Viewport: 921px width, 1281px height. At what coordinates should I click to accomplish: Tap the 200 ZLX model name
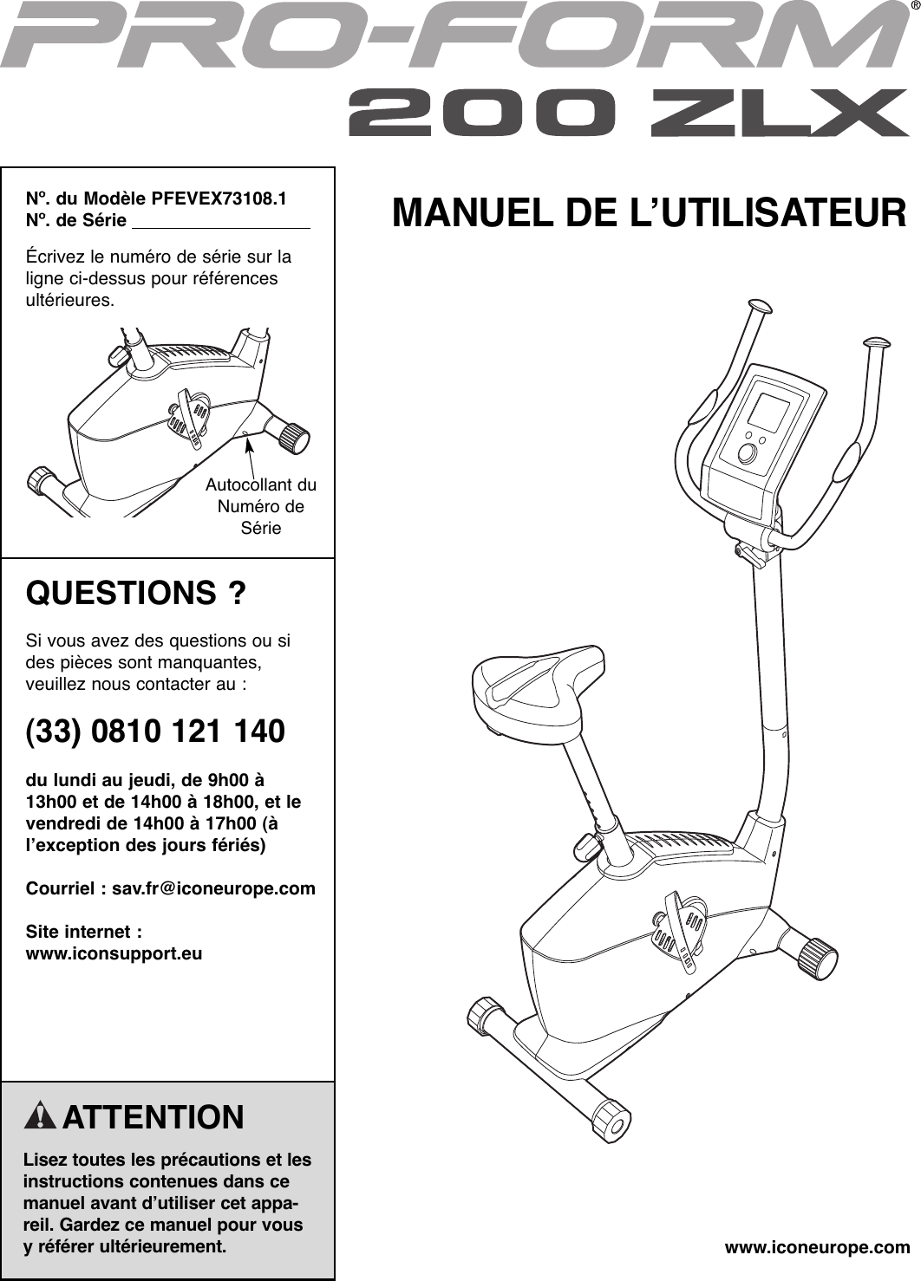(x=628, y=114)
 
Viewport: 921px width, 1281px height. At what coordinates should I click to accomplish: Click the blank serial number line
(x=219, y=222)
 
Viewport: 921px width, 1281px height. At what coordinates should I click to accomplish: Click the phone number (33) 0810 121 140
(x=155, y=731)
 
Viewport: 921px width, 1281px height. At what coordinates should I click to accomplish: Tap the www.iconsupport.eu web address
(x=114, y=953)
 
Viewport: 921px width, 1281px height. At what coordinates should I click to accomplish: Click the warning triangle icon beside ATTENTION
(x=40, y=1116)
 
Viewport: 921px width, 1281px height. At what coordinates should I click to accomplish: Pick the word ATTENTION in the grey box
(x=153, y=1117)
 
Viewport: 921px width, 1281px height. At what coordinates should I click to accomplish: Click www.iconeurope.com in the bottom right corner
(x=817, y=1248)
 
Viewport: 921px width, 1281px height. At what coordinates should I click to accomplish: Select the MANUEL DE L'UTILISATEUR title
(x=649, y=213)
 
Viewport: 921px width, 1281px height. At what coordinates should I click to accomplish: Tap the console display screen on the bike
(x=767, y=413)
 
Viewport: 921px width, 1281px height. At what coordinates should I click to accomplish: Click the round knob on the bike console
(x=747, y=453)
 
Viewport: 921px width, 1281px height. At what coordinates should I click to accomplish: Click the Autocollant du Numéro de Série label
(x=261, y=506)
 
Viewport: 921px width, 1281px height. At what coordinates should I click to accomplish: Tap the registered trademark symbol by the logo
(x=914, y=8)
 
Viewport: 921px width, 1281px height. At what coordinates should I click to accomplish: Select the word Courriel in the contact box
(x=61, y=888)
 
